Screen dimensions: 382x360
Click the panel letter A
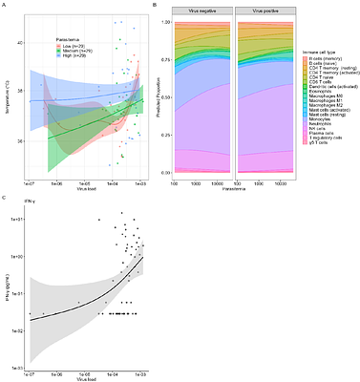pyautogui.click(x=5, y=5)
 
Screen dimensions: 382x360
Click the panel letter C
pyautogui.click(x=5, y=197)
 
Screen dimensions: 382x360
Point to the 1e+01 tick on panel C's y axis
pyautogui.click(x=21, y=220)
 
